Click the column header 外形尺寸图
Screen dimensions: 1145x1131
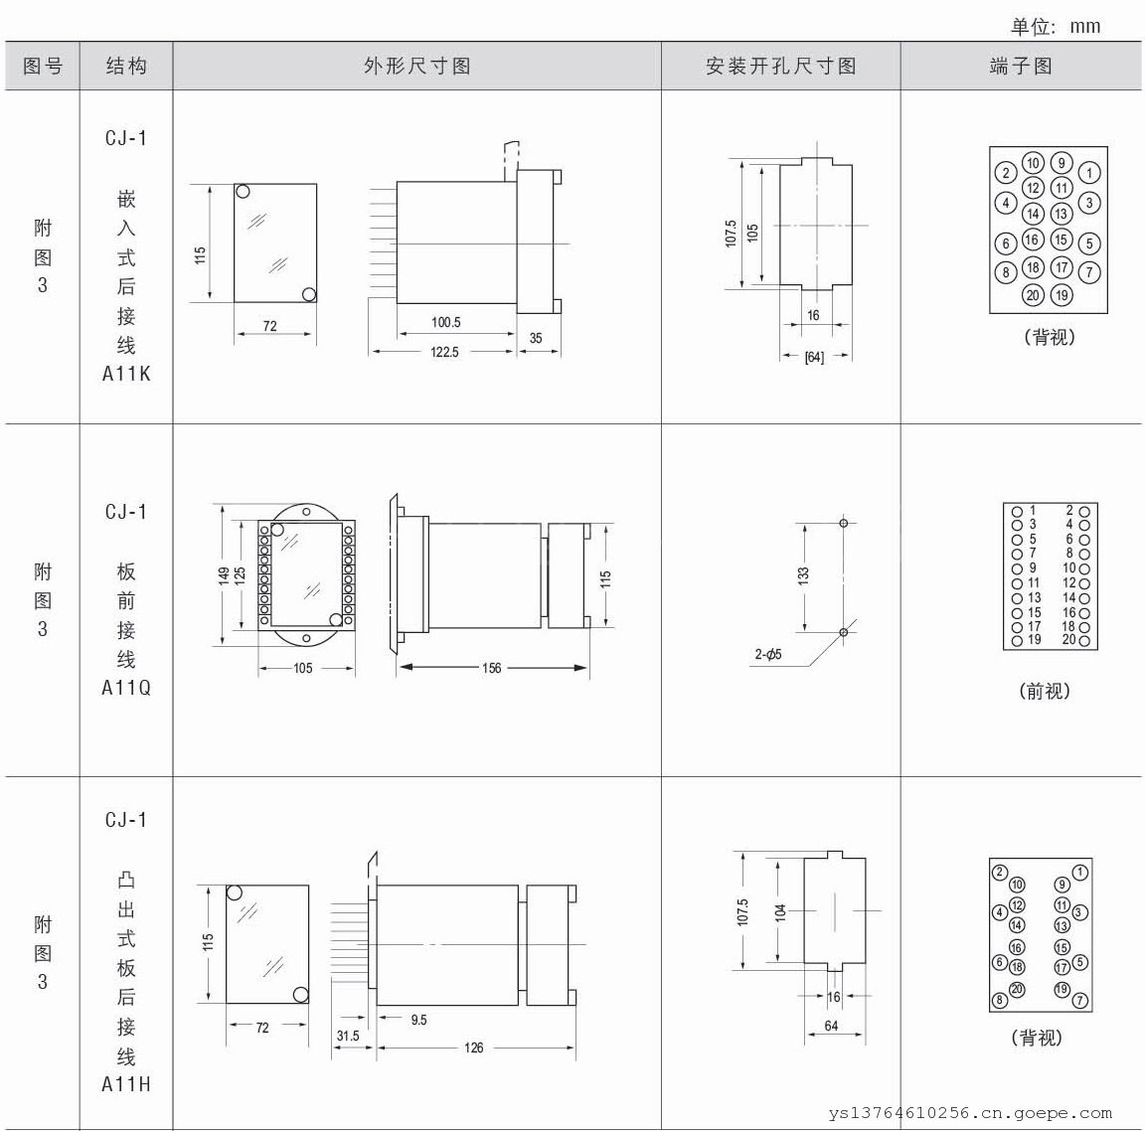click(x=417, y=67)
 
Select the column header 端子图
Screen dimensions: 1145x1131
click(x=1021, y=67)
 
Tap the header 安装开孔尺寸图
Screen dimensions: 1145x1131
click(x=780, y=67)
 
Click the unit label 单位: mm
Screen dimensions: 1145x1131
click(x=1056, y=26)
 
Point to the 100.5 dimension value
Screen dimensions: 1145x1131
click(x=445, y=322)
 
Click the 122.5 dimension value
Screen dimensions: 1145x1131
click(x=444, y=352)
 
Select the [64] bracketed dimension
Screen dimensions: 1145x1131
click(x=814, y=357)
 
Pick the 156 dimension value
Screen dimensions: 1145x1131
click(x=491, y=667)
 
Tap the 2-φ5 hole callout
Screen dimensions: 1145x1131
click(x=768, y=654)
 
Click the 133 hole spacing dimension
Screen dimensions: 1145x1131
click(x=803, y=576)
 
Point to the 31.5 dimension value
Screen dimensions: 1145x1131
click(x=348, y=1036)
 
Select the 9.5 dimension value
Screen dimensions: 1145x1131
click(x=418, y=1020)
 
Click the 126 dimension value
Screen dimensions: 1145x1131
click(x=473, y=1048)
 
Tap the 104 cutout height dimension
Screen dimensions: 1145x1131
click(x=780, y=912)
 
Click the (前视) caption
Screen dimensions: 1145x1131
click(x=1045, y=691)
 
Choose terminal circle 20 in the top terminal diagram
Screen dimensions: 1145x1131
click(x=1033, y=295)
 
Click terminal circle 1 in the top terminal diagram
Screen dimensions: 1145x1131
click(x=1088, y=173)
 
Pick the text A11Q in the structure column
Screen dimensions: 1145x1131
click(x=126, y=688)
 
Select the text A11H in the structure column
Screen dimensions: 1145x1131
click(x=126, y=1084)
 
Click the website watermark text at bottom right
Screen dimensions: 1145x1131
click(x=970, y=1113)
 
